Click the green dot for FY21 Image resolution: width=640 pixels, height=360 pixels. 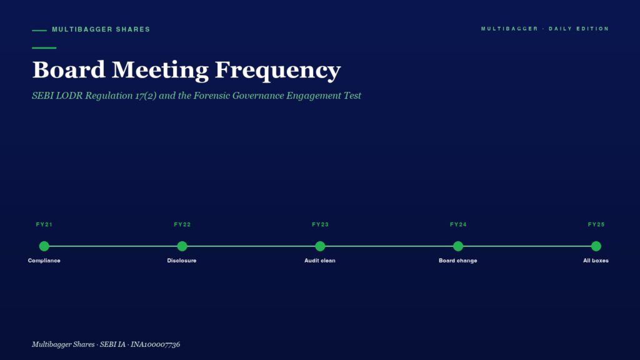tap(44, 246)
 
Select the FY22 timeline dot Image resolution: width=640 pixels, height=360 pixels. tap(182, 246)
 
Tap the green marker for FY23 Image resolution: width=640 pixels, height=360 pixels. tap(320, 246)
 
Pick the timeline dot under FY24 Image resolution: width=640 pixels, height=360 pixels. tap(458, 246)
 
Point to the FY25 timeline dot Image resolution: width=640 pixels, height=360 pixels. tap(596, 246)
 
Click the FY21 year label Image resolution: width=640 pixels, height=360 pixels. tap(44, 224)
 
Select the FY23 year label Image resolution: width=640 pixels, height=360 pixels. tap(320, 224)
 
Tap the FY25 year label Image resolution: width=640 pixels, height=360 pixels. tap(596, 224)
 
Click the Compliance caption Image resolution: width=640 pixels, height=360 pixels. tap(44, 261)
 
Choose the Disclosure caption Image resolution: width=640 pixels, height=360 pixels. tap(182, 261)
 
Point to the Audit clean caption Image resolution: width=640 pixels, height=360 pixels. tap(319, 261)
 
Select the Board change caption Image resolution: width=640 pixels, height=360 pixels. tap(458, 261)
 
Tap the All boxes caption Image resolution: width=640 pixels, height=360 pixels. tap(596, 261)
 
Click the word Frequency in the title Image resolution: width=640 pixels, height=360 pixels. tap(277, 70)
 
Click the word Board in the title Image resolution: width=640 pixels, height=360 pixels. tap(69, 69)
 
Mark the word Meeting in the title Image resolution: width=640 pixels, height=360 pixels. tap(160, 70)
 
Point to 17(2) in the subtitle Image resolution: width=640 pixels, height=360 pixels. tap(146, 96)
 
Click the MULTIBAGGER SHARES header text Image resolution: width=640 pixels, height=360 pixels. tap(101, 29)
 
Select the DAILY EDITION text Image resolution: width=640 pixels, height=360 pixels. tap(579, 29)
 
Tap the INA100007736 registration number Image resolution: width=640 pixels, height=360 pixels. tap(155, 344)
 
